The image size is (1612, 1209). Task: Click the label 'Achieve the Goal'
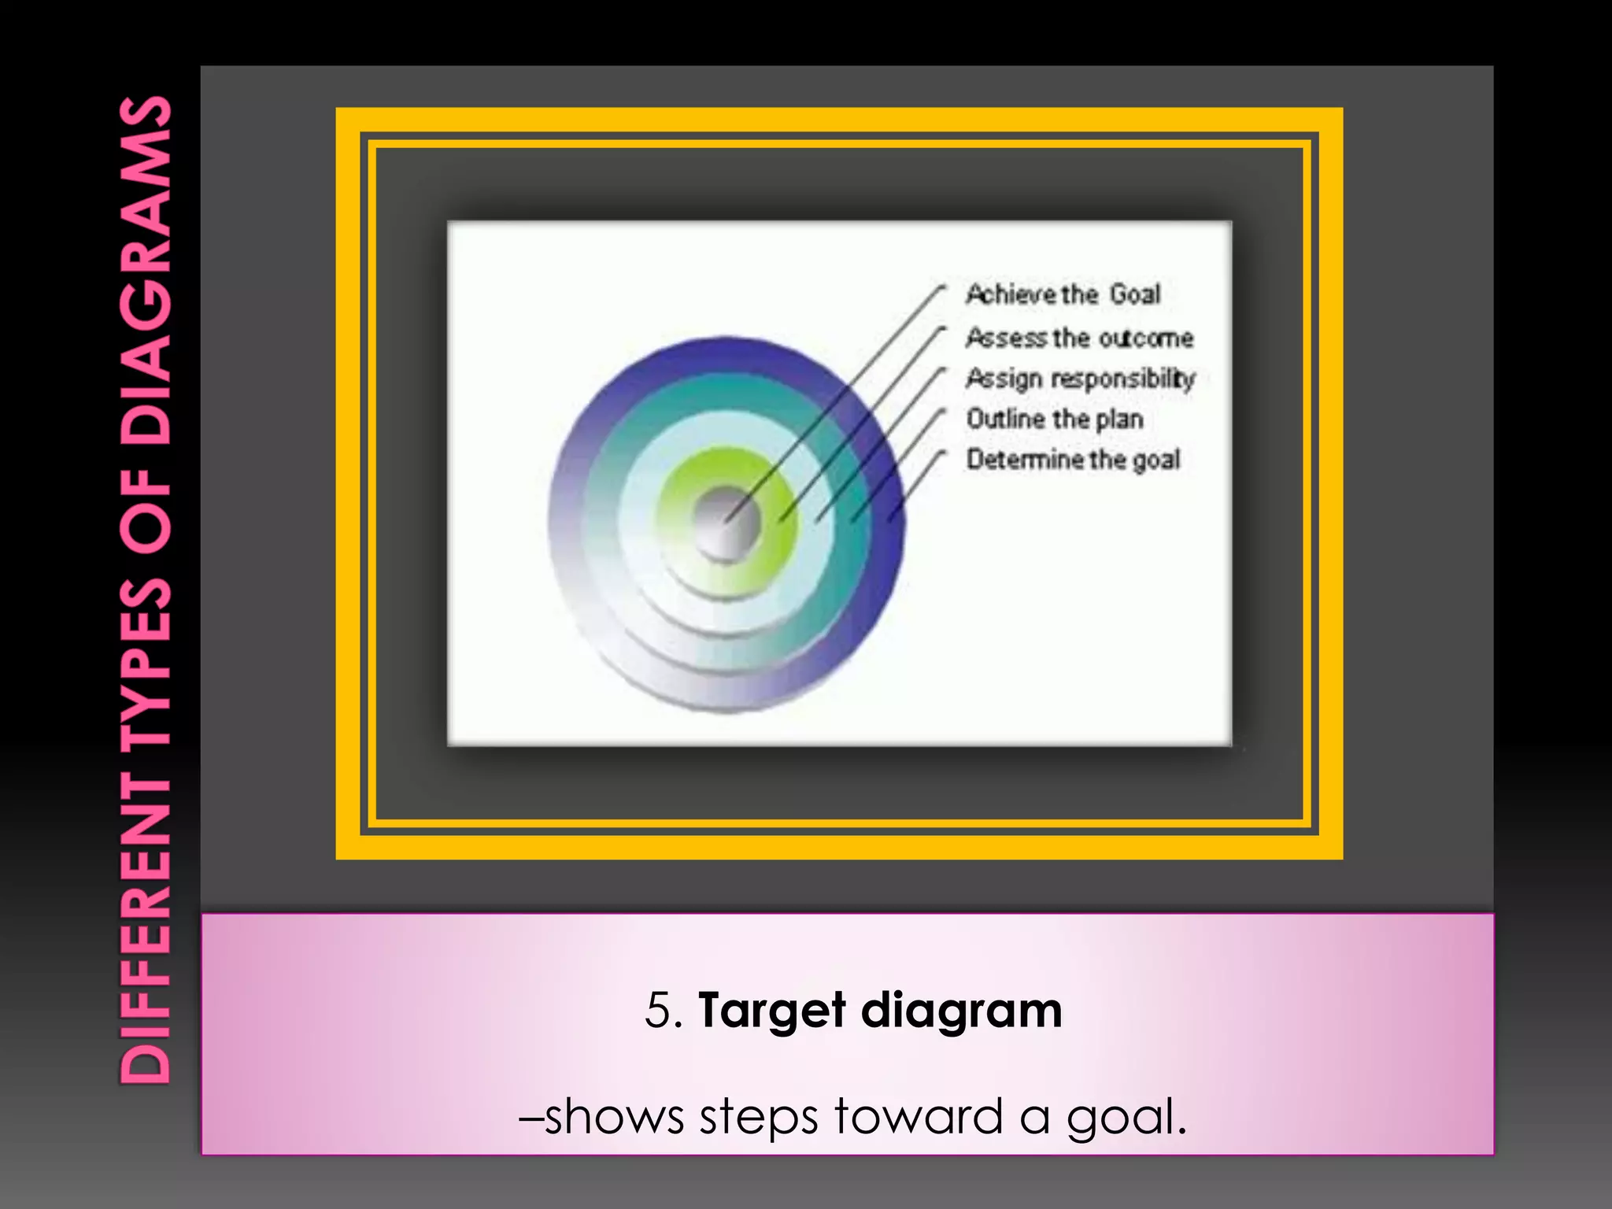1063,294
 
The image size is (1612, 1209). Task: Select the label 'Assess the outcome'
1079,338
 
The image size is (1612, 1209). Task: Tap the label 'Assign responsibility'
1080,379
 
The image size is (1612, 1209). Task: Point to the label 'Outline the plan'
1054,419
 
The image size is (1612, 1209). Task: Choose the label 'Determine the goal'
1073,459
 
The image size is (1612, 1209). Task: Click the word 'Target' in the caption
771,1011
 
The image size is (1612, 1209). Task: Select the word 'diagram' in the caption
961,1011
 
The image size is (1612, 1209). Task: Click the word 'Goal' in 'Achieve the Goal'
1135,294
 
